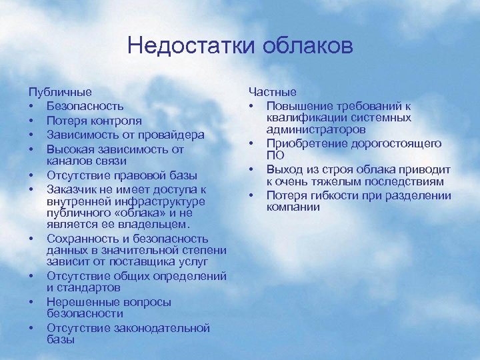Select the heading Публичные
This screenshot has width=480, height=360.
click(x=60, y=91)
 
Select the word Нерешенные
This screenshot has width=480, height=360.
click(x=81, y=301)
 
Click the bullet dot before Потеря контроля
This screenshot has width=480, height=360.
click(x=31, y=121)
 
